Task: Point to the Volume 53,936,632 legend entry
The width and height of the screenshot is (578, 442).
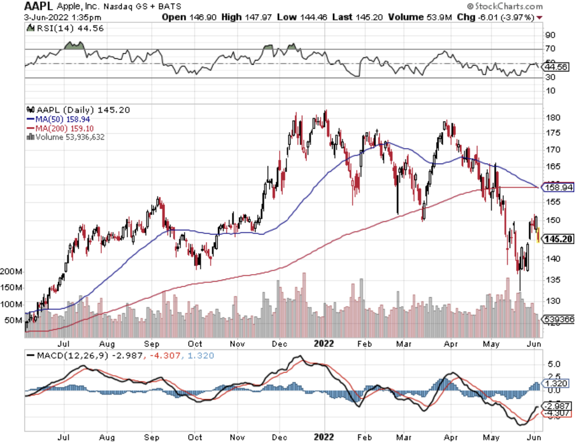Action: point(68,137)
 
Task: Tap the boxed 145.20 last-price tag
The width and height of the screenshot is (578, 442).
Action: point(558,239)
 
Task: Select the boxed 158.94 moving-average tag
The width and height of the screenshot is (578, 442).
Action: point(558,186)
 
